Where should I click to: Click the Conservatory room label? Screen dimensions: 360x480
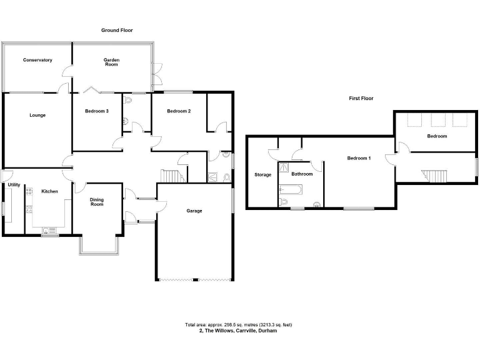click(37, 60)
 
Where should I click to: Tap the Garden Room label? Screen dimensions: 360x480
click(111, 61)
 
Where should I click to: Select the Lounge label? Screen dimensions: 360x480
click(37, 115)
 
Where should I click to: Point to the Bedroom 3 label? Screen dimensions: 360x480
click(97, 111)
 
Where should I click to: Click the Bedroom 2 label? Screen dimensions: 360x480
click(178, 111)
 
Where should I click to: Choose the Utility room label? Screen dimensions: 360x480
click(14, 185)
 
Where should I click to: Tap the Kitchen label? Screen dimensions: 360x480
click(50, 191)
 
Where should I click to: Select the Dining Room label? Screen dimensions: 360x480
click(97, 202)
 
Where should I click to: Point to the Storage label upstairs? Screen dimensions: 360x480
click(262, 174)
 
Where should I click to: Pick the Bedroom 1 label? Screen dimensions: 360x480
click(359, 158)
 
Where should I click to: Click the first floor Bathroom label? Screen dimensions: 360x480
click(301, 174)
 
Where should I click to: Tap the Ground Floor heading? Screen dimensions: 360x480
click(117, 30)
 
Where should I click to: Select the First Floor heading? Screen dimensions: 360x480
click(361, 98)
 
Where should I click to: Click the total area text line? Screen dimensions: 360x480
click(239, 324)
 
